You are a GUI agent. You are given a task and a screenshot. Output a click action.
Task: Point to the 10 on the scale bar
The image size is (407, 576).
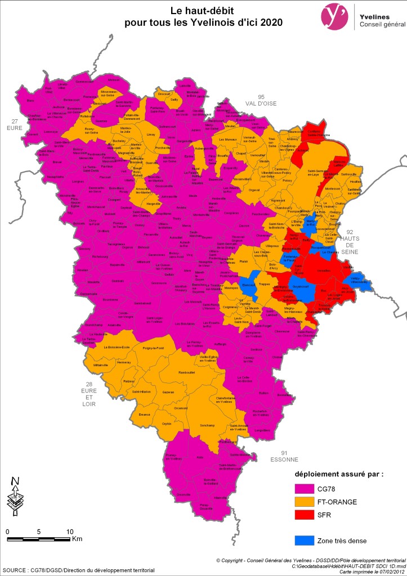(70, 532)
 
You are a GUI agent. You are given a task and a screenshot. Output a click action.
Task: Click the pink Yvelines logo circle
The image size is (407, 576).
(333, 15)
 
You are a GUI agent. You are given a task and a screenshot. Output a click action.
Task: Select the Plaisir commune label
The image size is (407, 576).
(243, 262)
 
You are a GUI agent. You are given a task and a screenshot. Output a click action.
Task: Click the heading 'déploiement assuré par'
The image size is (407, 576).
(339, 474)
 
